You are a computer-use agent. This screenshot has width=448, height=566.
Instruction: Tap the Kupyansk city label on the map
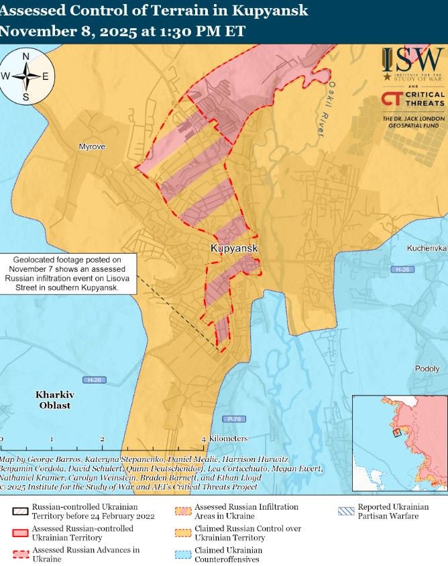234,248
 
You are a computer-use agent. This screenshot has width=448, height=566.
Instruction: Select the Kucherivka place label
426,248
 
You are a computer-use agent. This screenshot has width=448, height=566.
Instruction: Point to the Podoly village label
427,369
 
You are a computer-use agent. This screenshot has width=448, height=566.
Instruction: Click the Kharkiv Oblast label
53,400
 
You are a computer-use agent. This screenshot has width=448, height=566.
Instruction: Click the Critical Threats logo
412,99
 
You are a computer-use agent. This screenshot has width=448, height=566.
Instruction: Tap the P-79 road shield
233,419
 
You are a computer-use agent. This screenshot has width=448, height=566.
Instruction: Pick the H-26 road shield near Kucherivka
402,269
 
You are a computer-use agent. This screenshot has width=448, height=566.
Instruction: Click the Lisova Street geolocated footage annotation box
68,273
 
